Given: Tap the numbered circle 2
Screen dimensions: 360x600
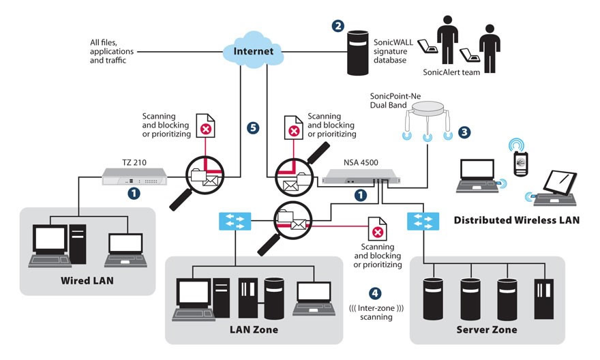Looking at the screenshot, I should [337, 27].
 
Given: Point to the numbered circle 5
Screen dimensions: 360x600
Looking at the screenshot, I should [254, 127].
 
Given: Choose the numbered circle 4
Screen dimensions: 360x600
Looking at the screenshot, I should [374, 294].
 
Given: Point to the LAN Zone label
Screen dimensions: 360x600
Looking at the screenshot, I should [254, 330].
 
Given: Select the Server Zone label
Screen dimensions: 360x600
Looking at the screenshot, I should [486, 330].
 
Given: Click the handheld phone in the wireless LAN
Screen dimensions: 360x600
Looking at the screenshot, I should [521, 161].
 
